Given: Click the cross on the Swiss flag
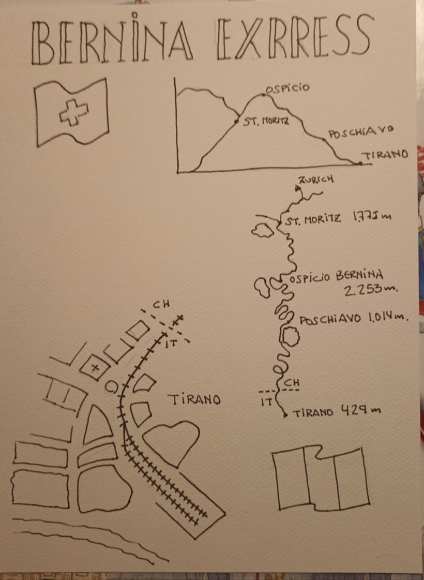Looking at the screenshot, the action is pyautogui.click(x=74, y=112).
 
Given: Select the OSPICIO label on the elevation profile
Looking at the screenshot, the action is pyautogui.click(x=287, y=88).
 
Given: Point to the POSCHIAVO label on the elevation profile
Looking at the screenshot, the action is pyautogui.click(x=360, y=132).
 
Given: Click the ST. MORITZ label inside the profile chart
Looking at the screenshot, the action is pyautogui.click(x=266, y=121).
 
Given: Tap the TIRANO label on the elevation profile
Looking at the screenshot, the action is pyautogui.click(x=385, y=154).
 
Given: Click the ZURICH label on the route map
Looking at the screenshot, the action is pyautogui.click(x=316, y=180).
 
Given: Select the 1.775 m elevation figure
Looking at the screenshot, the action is pyautogui.click(x=372, y=216).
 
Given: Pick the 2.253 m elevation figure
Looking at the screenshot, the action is pyautogui.click(x=371, y=289).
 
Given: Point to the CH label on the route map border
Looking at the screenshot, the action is pyautogui.click(x=292, y=382).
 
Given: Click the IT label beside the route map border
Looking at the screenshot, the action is pyautogui.click(x=266, y=401).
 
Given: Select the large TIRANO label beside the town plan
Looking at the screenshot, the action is pyautogui.click(x=194, y=399).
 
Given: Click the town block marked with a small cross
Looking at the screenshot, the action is pyautogui.click(x=95, y=367).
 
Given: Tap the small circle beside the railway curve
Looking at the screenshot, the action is pyautogui.click(x=112, y=386).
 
